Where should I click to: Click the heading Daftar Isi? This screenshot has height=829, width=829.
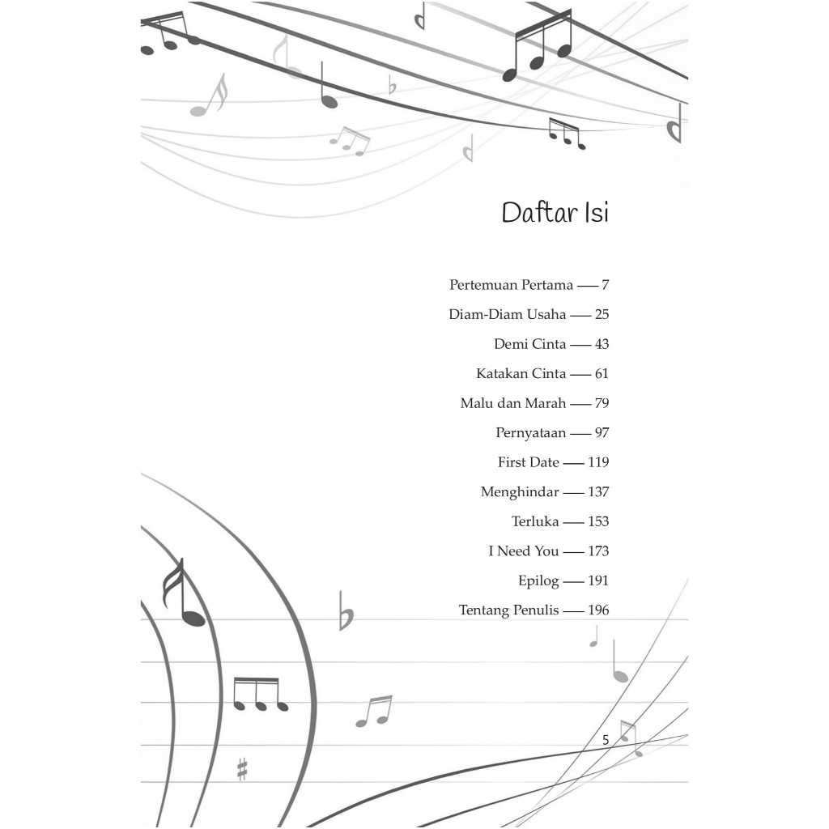555,213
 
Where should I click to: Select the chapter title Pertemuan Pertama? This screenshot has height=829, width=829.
512,285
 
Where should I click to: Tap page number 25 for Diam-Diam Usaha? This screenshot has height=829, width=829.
602,315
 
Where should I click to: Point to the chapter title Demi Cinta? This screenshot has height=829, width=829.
529,344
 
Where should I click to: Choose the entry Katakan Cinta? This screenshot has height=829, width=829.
521,374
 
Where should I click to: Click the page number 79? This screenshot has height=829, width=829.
602,403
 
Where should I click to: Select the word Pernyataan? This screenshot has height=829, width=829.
531,434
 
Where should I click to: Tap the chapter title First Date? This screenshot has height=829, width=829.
528,462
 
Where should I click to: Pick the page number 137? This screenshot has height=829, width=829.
598,492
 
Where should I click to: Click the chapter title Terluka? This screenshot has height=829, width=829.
535,522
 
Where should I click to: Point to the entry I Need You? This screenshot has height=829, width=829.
524,551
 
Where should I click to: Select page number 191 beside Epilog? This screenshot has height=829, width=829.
598,581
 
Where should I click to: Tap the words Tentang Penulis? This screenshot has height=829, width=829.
508,610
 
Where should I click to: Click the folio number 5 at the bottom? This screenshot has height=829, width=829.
606,740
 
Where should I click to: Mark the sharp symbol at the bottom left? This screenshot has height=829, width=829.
242,769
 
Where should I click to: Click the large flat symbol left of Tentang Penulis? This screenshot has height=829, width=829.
346,612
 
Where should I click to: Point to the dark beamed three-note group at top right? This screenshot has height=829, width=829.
538,46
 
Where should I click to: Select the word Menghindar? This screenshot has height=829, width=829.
520,493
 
